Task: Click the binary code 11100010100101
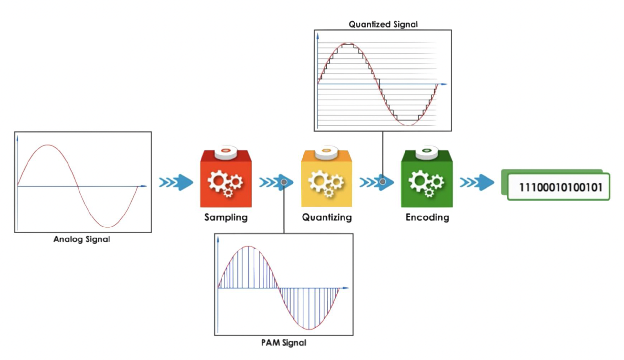tap(560, 187)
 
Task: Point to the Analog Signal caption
tap(82, 239)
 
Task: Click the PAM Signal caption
tap(284, 343)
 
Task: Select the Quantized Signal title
tap(383, 24)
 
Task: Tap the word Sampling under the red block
tap(226, 217)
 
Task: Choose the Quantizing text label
tap(327, 217)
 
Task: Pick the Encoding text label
tap(427, 217)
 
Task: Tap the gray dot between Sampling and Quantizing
tap(284, 182)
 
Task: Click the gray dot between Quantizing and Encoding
tap(383, 182)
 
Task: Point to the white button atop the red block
tap(226, 152)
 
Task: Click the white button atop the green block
tap(427, 152)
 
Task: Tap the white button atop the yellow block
tap(326, 152)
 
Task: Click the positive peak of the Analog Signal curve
tap(48, 145)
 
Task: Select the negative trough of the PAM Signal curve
tap(309, 329)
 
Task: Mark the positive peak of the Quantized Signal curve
tap(347, 44)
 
